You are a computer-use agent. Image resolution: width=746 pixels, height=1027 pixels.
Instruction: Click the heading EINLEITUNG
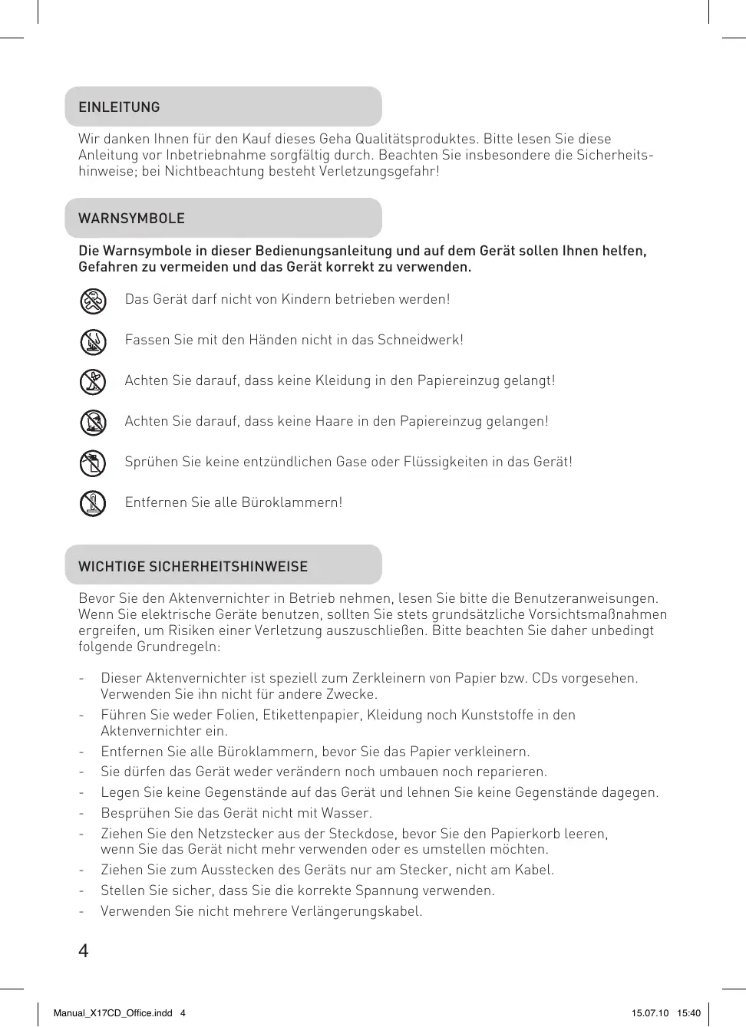point(119,107)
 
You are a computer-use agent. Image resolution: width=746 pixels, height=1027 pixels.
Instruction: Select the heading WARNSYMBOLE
point(131,219)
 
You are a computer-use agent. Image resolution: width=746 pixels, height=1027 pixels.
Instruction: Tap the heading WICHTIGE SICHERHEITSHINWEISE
point(193,567)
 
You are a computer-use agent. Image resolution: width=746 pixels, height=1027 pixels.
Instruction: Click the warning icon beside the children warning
point(93,301)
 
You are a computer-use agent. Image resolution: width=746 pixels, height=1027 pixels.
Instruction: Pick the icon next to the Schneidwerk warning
point(93,341)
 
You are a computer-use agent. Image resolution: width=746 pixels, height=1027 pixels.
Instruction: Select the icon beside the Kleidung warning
point(93,382)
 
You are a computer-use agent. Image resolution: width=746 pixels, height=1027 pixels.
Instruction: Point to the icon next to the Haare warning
point(93,423)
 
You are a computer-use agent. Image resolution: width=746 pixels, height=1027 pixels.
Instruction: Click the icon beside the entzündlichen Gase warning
point(93,463)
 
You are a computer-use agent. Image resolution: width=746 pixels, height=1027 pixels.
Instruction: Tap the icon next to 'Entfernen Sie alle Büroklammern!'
point(93,504)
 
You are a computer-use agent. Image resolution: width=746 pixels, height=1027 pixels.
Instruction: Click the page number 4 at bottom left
point(84,951)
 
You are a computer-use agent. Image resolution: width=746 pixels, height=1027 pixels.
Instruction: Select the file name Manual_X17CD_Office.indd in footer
point(113,1013)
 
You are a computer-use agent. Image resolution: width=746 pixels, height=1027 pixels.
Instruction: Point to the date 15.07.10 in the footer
point(649,1013)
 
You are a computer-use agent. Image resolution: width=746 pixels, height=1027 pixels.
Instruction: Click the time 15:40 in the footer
point(688,1013)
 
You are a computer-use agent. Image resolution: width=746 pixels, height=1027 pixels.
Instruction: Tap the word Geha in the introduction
point(335,139)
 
